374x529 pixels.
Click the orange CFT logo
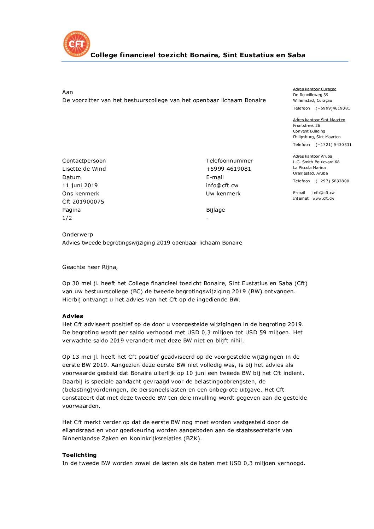coord(76,44)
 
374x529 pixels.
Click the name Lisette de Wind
coord(84,169)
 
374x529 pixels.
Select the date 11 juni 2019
coord(80,186)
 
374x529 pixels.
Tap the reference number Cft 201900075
coord(83,202)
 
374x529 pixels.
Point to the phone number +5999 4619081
coord(228,169)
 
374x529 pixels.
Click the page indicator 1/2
coord(67,218)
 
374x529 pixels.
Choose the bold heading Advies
coord(72,316)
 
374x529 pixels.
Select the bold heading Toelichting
coord(79,455)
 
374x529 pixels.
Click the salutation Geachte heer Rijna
coord(90,267)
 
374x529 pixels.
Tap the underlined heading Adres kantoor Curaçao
coord(315,89)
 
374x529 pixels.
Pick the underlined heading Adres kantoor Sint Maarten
coord(319,120)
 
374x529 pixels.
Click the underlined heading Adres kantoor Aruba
coord(312,157)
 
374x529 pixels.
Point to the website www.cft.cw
coord(323,199)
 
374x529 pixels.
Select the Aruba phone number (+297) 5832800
coord(332,181)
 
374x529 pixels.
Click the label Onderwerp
coord(77,235)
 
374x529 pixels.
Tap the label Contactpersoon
coord(84,161)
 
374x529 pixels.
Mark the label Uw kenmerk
coord(223,194)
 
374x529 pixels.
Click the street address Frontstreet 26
coord(306,126)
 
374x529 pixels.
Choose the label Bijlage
coord(215,210)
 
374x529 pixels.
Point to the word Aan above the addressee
coord(68,92)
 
